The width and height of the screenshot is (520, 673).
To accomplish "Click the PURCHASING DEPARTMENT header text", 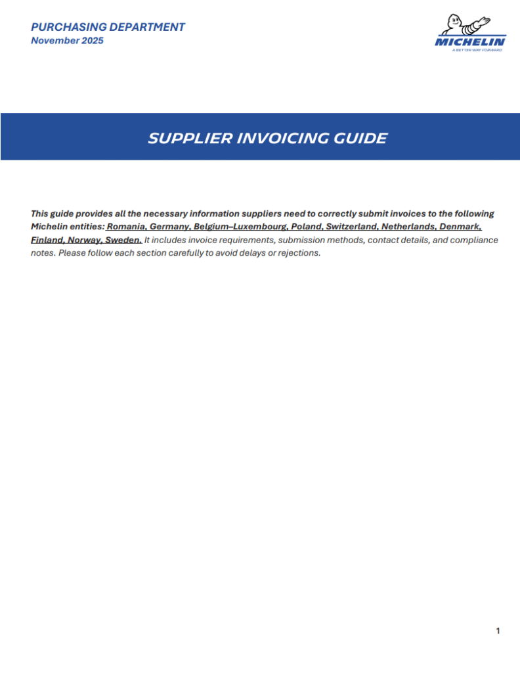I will [x=108, y=27].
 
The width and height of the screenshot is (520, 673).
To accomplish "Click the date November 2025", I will [x=67, y=41].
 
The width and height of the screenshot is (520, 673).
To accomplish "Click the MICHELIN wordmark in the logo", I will [x=470, y=42].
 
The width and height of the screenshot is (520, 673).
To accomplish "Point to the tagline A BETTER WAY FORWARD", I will [x=477, y=50].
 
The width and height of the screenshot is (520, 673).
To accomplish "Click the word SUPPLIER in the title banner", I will [x=188, y=138].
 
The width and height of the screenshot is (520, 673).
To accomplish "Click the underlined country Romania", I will [x=126, y=227].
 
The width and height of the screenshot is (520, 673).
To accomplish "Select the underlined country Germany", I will [x=170, y=227].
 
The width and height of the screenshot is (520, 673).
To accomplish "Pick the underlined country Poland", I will [x=305, y=227].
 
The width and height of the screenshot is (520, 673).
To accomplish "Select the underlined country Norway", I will [x=84, y=240].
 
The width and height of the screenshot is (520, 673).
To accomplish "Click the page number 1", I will [x=498, y=632].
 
